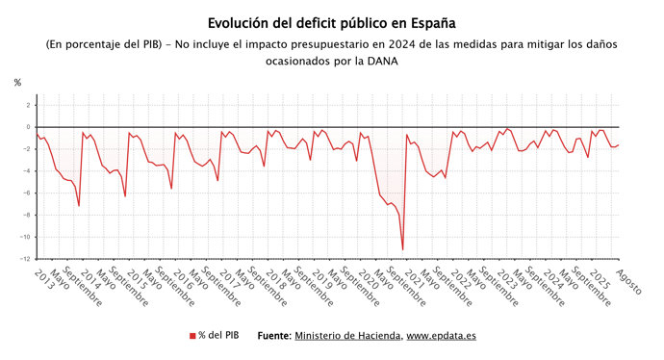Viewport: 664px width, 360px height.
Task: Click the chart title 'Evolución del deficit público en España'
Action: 332,22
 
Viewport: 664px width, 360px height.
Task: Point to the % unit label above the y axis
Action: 17,83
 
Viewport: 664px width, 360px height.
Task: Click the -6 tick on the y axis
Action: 27,193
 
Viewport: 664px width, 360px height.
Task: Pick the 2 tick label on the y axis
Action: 29,105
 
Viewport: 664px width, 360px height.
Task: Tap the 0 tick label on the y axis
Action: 29,127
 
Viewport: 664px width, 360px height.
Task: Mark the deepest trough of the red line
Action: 402,250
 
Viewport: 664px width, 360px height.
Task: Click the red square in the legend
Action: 192,336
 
